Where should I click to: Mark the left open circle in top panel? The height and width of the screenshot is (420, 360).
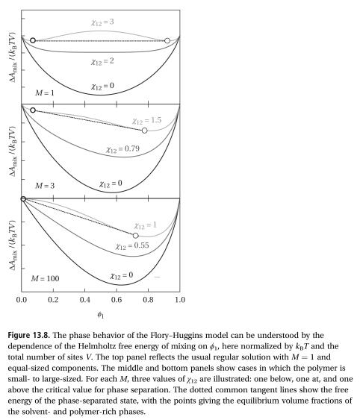33,40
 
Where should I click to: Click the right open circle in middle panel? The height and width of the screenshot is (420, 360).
144,131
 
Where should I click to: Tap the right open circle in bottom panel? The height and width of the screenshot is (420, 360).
135,235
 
